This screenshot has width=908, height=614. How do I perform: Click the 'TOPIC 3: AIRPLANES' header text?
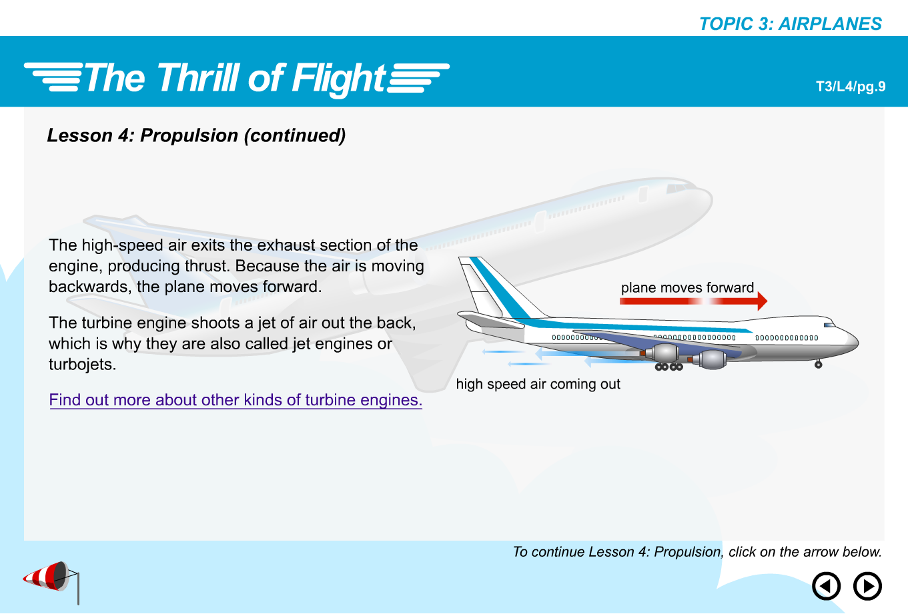point(791,24)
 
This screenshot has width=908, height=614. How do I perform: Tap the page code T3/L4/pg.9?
point(851,87)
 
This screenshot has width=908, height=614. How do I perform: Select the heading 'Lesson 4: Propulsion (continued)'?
point(196,135)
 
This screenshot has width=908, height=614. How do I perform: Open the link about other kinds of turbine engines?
point(236,400)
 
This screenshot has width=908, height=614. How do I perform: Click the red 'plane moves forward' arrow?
point(694,301)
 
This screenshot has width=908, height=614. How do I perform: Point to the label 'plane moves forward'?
point(687,287)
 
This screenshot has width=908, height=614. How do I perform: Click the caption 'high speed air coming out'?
point(538,384)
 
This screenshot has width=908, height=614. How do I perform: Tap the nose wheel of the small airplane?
point(819,365)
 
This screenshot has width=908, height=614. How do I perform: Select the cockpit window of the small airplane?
point(829,325)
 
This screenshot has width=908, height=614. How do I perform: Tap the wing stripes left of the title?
point(53,77)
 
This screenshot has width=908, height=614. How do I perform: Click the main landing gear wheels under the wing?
point(669,367)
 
